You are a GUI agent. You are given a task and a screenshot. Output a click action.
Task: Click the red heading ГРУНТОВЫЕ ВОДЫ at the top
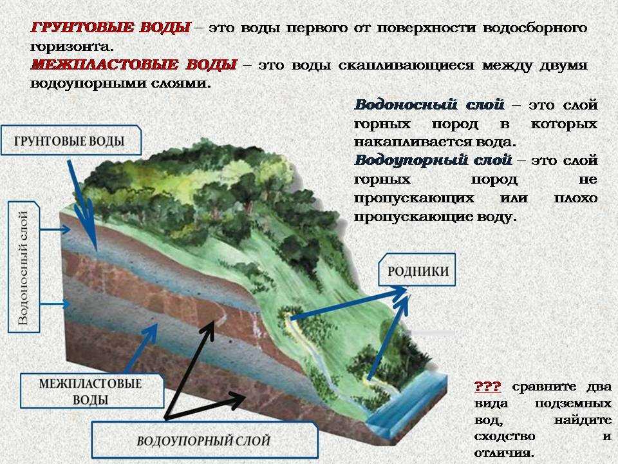pos(110,28)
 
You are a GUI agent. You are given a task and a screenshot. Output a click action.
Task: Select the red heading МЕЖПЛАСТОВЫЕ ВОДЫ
pos(134,64)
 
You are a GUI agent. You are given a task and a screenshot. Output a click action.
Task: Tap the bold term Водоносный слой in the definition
pos(429,105)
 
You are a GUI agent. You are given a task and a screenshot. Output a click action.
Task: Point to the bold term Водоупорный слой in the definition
pos(433,160)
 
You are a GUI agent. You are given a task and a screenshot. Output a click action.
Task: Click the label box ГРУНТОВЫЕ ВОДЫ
pos(71,140)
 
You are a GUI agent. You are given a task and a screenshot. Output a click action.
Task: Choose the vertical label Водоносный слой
pos(24,267)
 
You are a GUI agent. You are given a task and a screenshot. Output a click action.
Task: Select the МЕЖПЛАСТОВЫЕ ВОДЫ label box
pos(92,391)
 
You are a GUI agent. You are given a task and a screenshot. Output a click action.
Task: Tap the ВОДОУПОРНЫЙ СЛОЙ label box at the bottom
pos(205,440)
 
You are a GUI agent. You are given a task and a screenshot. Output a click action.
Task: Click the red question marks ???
pos(487,386)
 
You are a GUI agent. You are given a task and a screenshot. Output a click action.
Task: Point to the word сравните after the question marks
pos(544,387)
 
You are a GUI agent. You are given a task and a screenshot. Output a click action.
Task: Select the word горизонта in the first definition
pos(71,46)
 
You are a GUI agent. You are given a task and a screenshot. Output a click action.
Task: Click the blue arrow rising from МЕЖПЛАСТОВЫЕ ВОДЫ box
pos(142,349)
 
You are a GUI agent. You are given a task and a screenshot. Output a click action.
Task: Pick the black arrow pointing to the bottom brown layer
pos(205,407)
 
